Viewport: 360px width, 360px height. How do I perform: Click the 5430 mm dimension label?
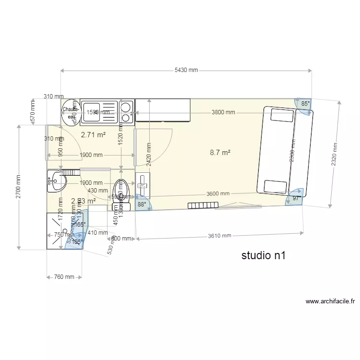(186, 71)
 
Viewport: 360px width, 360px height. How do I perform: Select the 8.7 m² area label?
(220, 153)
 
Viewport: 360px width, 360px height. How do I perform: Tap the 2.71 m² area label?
(93, 135)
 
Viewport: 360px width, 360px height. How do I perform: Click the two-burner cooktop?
(127, 111)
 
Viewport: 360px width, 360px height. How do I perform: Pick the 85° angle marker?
(305, 104)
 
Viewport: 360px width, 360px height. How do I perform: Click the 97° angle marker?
(296, 197)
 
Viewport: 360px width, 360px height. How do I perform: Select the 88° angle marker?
(142, 204)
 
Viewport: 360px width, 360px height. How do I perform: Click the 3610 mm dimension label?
(220, 236)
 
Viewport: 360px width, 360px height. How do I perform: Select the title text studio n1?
(264, 255)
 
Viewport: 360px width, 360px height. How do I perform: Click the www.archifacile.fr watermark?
(330, 301)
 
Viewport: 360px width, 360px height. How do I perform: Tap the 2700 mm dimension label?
(19, 187)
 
